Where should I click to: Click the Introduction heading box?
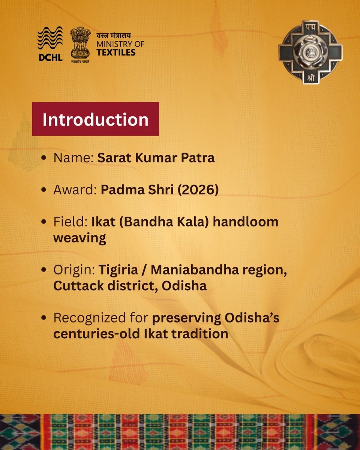95,119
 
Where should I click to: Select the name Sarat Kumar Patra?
156,158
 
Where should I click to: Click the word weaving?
79,238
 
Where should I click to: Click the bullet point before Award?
45,190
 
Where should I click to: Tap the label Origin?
74,270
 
